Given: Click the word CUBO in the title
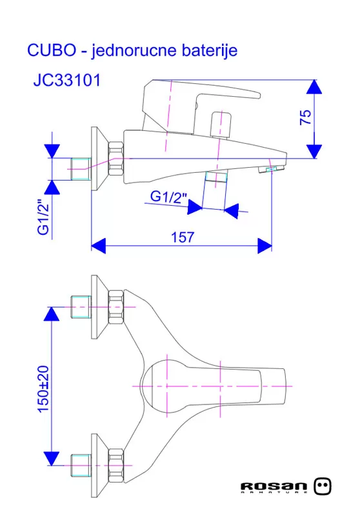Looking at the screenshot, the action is tap(52, 50).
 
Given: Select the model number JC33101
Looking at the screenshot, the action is tap(67, 80).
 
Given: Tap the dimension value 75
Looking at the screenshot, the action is tap(306, 117).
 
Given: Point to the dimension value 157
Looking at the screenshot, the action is tap(183, 237).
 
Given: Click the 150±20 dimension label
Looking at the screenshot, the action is tap(43, 389).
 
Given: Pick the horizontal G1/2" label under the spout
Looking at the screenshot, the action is tap(168, 197).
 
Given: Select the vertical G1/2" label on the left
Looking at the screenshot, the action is tap(43, 217).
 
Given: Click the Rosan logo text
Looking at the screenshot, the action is tap(274, 487).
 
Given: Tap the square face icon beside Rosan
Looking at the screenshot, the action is tap(322, 486).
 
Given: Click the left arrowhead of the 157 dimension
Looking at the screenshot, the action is tap(99, 246).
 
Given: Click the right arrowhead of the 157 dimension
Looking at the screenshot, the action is tap(265, 246).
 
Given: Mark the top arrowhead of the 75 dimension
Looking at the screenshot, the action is tap(314, 87).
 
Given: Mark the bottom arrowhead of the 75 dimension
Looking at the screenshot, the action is tap(314, 151).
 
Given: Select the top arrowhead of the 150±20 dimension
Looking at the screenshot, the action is tap(52, 314).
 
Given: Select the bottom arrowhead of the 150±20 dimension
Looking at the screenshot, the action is tap(52, 459).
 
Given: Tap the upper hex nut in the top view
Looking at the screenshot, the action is tap(116, 306).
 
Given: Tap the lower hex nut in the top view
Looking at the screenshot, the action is tap(116, 466).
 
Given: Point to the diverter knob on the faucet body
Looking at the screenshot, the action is tap(221, 124).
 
